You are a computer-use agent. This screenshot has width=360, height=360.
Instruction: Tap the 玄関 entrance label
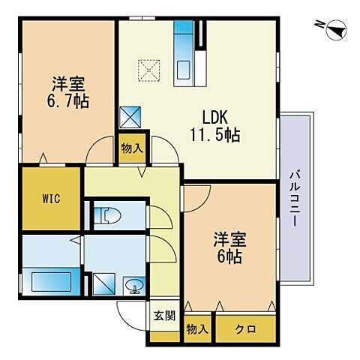(165, 316)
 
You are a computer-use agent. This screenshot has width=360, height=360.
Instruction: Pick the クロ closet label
(245, 328)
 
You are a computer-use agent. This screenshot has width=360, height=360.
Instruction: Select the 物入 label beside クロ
(197, 328)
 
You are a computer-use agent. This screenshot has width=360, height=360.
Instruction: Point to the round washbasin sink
(133, 286)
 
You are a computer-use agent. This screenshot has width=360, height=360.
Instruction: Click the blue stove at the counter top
(183, 33)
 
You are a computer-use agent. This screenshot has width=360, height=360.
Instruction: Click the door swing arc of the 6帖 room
(197, 197)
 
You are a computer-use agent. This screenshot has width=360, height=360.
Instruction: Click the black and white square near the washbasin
(100, 283)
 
